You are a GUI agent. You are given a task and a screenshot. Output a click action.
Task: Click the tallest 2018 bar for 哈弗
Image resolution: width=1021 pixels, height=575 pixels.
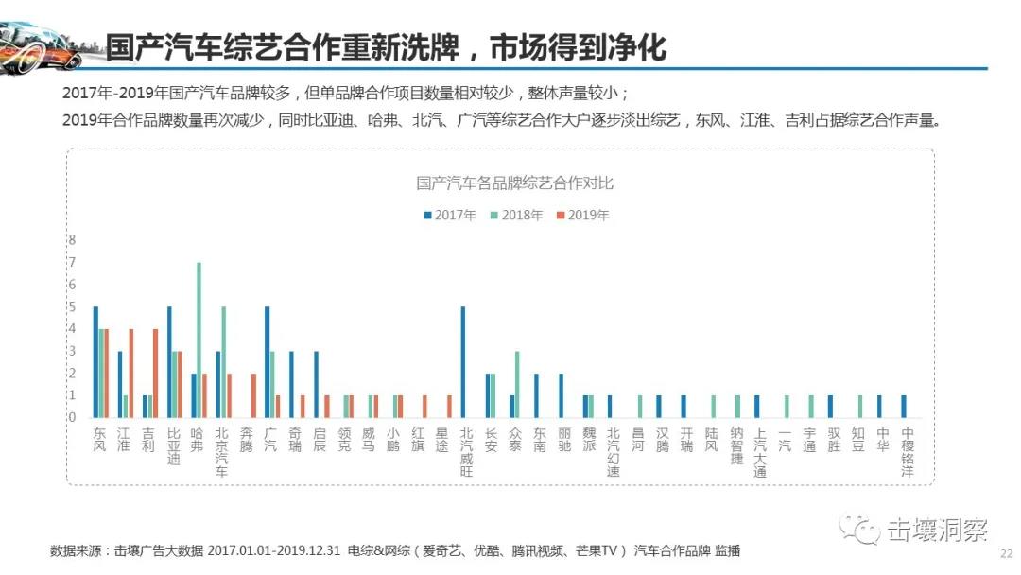pos(199,340)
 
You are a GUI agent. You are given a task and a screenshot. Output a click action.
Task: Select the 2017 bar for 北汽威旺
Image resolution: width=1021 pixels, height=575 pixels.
pos(463,361)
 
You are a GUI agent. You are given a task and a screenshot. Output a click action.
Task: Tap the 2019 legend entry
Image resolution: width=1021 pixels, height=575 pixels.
pos(583,215)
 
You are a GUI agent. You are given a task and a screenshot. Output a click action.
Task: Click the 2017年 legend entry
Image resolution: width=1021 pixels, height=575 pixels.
pos(450,215)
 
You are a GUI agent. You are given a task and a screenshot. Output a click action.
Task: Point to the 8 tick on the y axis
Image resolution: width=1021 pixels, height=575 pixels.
pos(71,240)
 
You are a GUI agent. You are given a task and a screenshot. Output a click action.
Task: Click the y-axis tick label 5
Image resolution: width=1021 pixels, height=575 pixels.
pos(71,306)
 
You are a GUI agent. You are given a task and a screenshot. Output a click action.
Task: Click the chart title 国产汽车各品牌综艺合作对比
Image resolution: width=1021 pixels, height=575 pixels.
pos(515,183)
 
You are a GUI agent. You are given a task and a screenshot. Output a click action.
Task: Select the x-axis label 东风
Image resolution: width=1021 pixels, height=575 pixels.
pos(100,439)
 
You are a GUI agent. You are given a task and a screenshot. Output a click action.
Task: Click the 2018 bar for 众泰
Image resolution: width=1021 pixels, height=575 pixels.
pos(518,384)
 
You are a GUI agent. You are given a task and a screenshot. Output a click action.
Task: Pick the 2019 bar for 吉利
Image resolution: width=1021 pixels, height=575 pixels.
pos(155,373)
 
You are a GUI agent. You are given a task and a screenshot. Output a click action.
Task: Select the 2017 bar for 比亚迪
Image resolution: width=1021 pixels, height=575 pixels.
pos(169,361)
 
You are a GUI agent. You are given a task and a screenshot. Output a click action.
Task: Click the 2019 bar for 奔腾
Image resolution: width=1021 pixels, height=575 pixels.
pos(253,394)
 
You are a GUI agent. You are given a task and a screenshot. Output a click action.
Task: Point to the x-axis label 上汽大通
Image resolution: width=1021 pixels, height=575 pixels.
pos(757,451)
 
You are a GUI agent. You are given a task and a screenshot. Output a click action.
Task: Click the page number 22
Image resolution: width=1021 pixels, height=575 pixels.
pos(1006,555)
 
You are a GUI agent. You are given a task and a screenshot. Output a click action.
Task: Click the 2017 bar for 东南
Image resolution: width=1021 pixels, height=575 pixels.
pos(536,394)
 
